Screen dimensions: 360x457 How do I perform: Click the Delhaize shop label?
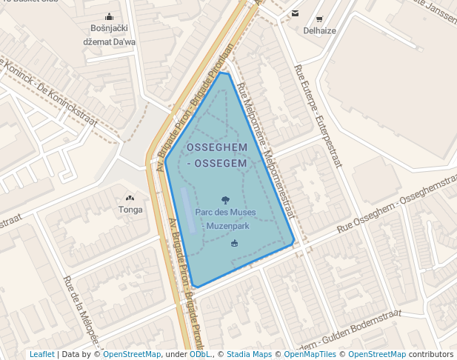point(319,30)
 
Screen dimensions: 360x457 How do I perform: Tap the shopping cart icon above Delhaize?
point(319,19)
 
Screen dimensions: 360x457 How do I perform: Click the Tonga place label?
point(130,210)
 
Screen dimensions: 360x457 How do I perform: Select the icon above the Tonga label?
point(130,198)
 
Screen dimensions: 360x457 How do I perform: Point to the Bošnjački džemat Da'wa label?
point(110,35)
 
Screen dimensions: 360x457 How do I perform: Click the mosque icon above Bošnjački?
point(110,16)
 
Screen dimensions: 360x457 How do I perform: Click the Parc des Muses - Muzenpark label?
point(226,219)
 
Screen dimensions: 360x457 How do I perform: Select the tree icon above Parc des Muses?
point(225,199)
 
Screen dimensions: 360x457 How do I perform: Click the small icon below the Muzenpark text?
point(235,244)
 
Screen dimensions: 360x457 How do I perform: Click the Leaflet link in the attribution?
point(42,355)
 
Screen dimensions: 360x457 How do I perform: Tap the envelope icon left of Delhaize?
point(296,13)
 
